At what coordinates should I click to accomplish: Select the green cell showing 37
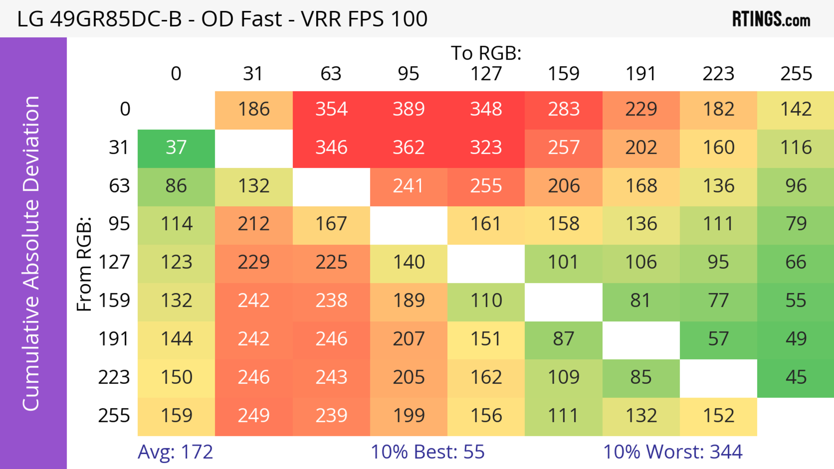pos(176,148)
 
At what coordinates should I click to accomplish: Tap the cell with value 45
pos(796,377)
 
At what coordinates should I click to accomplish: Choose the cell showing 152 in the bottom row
pos(718,416)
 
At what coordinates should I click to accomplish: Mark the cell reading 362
pos(409,148)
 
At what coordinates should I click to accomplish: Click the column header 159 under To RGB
pos(564,74)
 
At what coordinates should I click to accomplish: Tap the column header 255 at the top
pos(796,74)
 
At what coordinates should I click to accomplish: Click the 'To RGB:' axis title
pos(486,53)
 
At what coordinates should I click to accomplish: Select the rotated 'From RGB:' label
pos(84,264)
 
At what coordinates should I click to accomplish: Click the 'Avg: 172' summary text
pos(175,452)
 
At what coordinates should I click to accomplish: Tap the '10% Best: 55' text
pos(427,452)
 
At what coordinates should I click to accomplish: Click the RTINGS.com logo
pos(771,19)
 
